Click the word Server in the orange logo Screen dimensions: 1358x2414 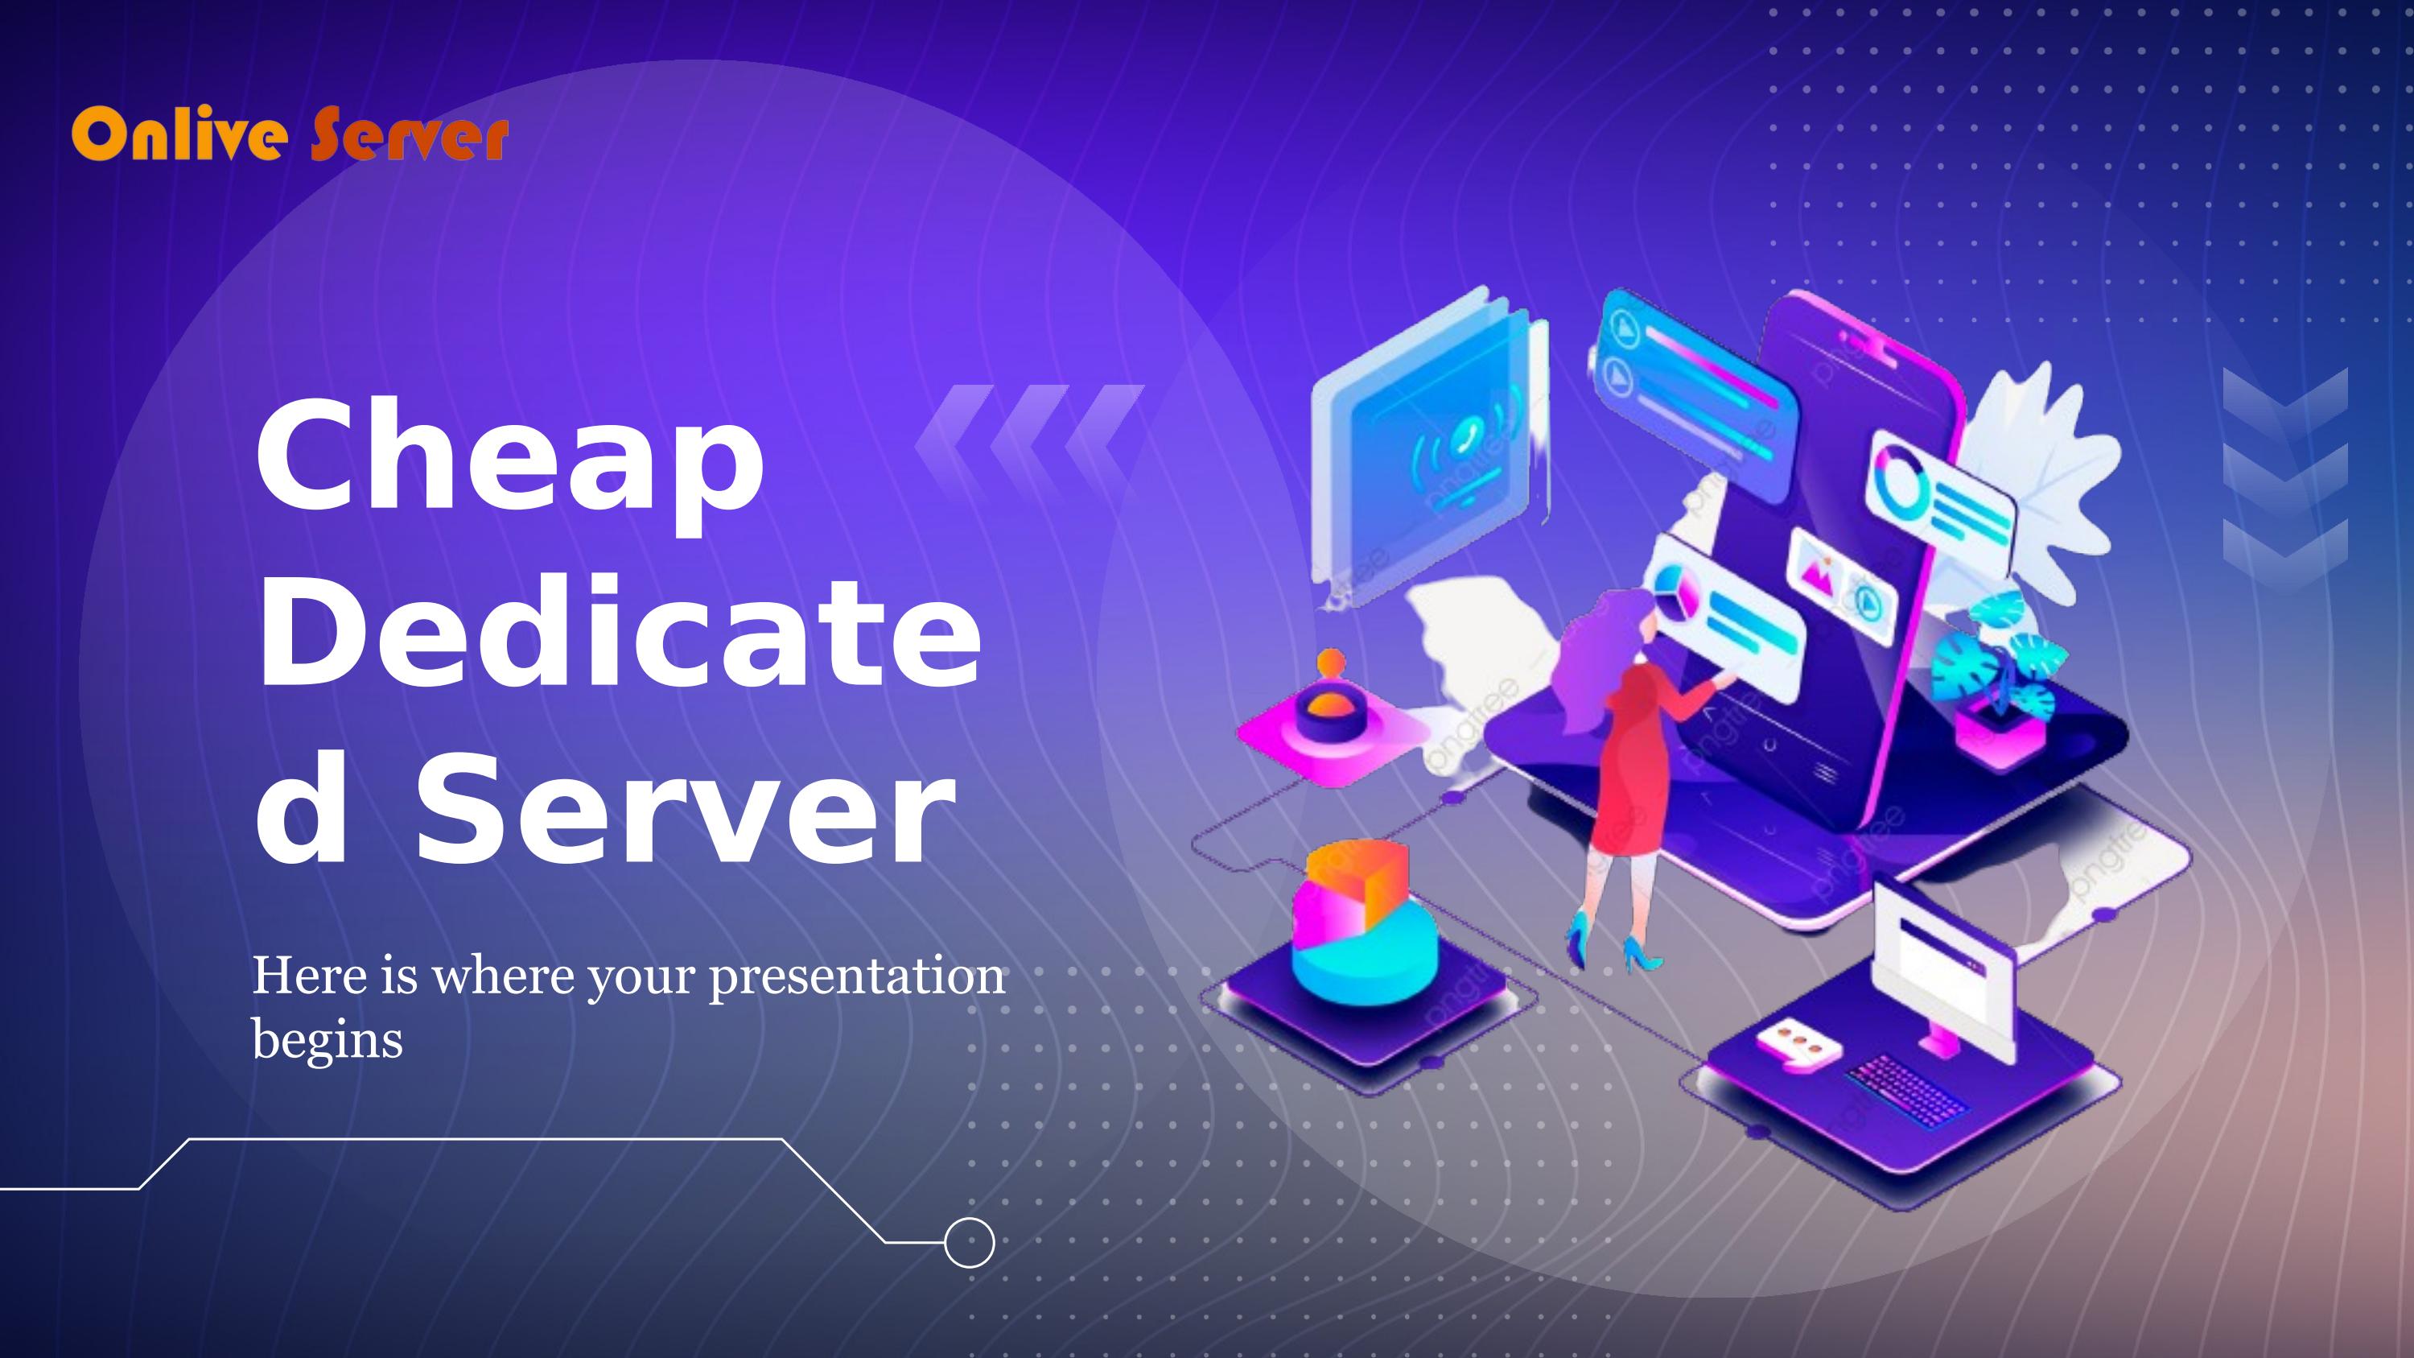410,138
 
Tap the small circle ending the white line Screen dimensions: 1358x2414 968,1243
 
